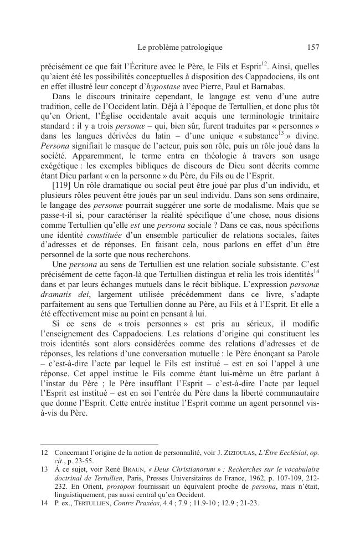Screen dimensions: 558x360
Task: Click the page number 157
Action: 312,48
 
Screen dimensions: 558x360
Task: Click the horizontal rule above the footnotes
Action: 100,444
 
